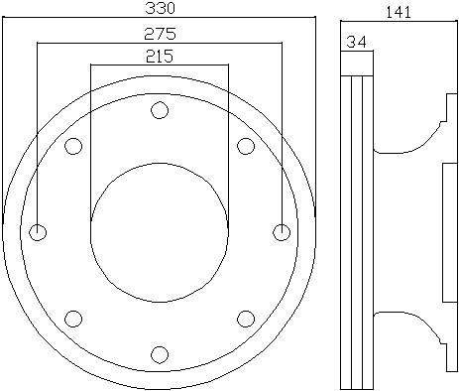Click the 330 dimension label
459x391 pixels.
(x=158, y=8)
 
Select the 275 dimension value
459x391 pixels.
(x=159, y=33)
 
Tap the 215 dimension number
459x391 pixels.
(x=159, y=56)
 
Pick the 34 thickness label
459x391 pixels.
(x=356, y=42)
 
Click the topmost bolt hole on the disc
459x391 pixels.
(x=159, y=110)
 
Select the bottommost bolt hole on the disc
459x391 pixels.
(x=159, y=354)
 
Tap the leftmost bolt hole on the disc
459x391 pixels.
(x=38, y=233)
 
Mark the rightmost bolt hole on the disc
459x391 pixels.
(x=282, y=232)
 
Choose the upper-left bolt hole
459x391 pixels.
(x=72, y=147)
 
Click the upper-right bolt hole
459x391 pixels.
(x=245, y=147)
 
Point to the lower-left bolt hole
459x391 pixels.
(x=72, y=319)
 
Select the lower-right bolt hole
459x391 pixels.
(x=245, y=319)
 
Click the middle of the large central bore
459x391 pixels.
(x=159, y=232)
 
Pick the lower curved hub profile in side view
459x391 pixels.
(x=408, y=326)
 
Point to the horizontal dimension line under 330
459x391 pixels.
(x=158, y=18)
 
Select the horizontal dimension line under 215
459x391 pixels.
(x=159, y=65)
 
